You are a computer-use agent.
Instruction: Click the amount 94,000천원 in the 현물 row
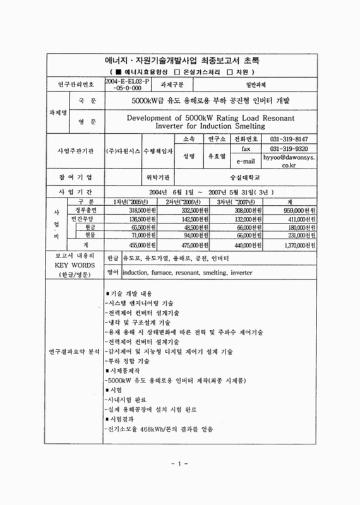[196, 234]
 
